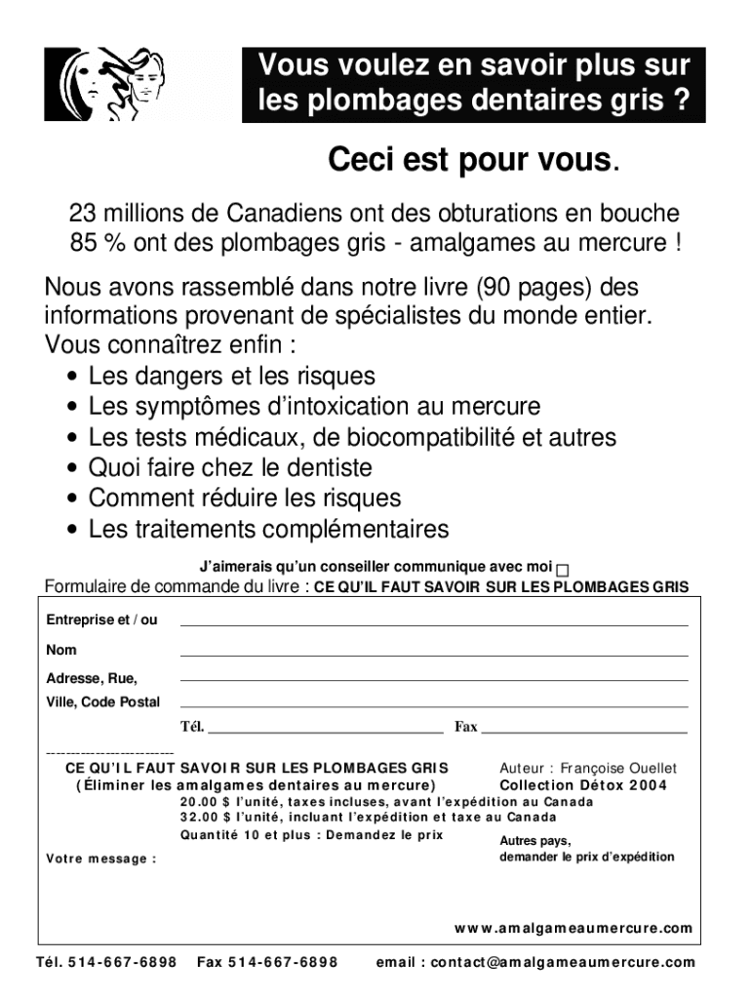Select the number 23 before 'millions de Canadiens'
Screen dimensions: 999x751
pyautogui.click(x=82, y=213)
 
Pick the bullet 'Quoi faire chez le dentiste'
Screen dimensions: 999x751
pyautogui.click(x=230, y=467)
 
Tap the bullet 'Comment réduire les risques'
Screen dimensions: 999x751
pyautogui.click(x=245, y=498)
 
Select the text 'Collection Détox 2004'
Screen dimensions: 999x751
pyautogui.click(x=583, y=785)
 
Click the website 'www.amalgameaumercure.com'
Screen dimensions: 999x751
pyautogui.click(x=573, y=928)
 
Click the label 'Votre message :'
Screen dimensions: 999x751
pyautogui.click(x=101, y=859)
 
